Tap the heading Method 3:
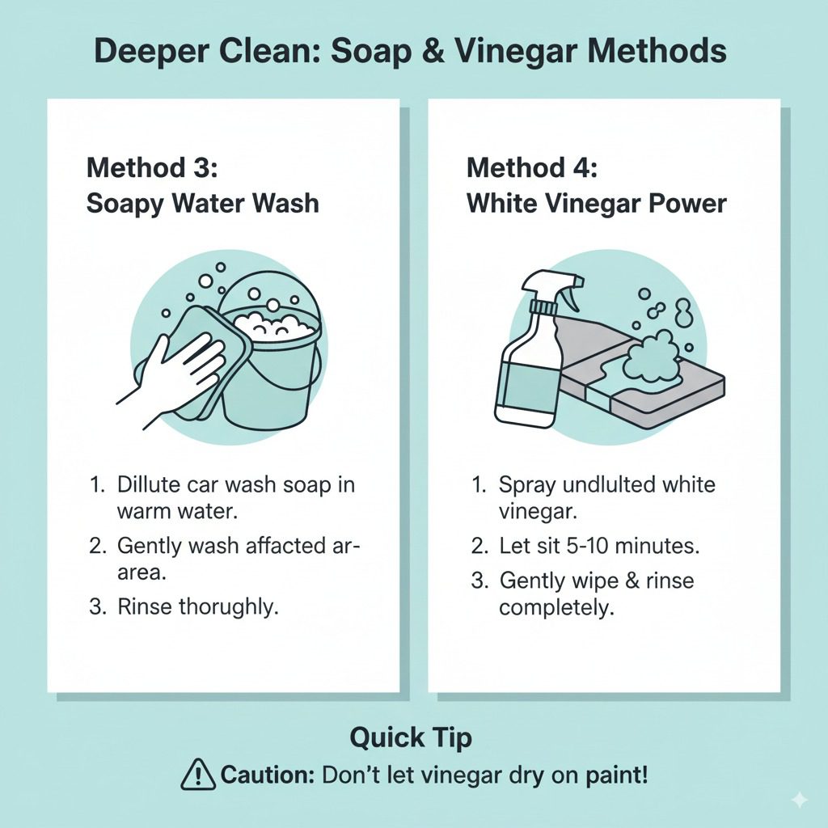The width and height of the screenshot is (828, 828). coord(152,168)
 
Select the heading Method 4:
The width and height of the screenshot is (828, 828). coord(532,168)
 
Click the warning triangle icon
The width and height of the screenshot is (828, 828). coord(198,774)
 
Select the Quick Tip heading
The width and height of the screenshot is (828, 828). coord(411,737)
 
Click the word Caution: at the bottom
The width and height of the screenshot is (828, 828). coord(268,775)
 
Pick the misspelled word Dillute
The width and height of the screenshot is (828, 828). coord(150,484)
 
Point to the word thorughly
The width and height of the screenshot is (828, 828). coord(228,607)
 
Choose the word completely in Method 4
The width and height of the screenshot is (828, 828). coord(556,608)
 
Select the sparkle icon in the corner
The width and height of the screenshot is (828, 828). coord(800,800)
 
